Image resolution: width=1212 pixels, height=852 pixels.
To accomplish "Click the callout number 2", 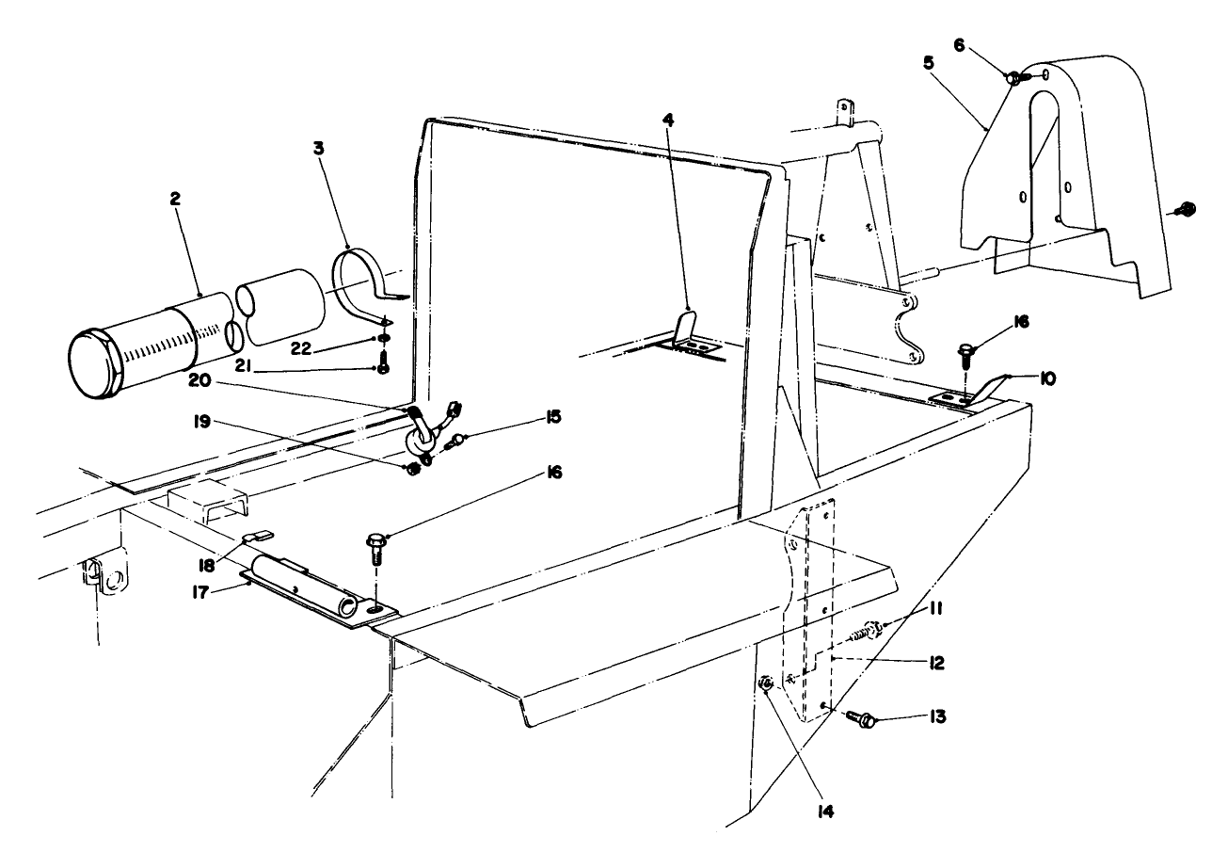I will click(x=175, y=199).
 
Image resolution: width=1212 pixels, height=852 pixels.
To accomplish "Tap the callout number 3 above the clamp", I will click(x=319, y=148).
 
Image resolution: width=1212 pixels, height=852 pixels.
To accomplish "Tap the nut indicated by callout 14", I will click(x=765, y=684).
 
